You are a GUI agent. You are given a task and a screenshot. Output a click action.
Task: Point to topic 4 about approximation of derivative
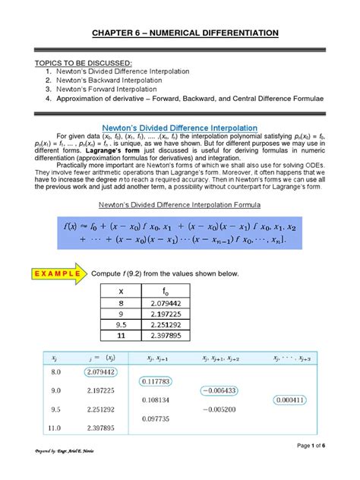pyautogui.click(x=194, y=99)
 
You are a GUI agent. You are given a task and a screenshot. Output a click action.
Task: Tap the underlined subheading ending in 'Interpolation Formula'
pyautogui.click(x=180, y=205)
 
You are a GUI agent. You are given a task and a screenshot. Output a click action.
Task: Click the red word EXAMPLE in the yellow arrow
pyautogui.click(x=46, y=273)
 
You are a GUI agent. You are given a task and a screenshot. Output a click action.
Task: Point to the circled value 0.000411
pyautogui.click(x=291, y=399)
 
